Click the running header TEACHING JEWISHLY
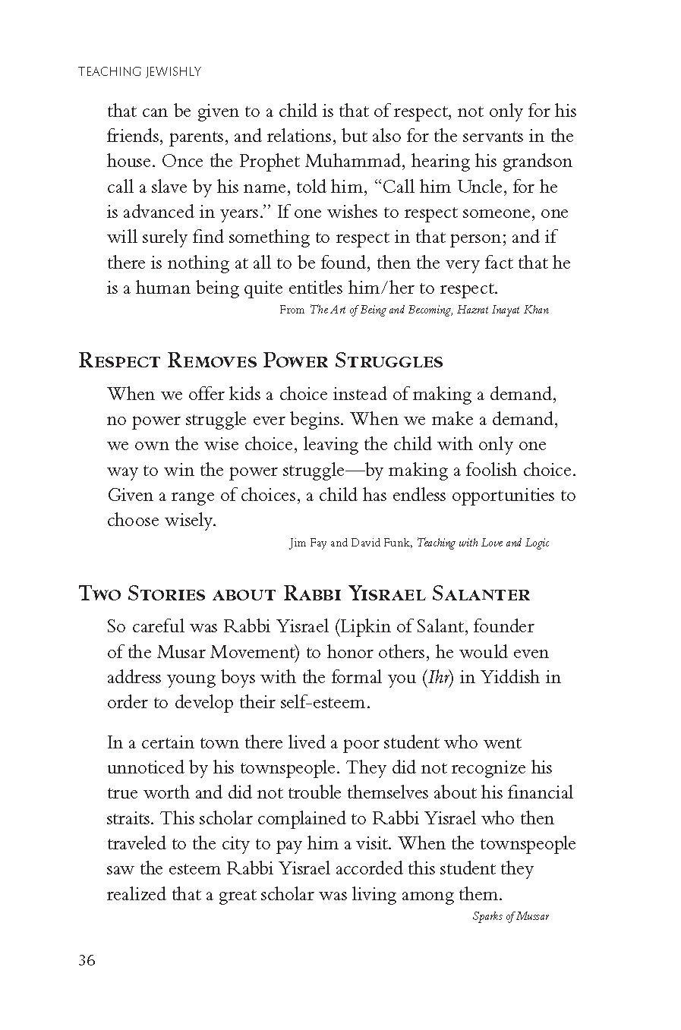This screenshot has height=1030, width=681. pos(139,72)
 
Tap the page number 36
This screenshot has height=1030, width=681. pos(87,960)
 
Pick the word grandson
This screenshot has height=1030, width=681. pos(533,162)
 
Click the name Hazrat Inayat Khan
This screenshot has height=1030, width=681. pos(502,310)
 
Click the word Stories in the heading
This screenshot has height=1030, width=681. pos(157,594)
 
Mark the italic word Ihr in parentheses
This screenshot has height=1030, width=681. pos(439,677)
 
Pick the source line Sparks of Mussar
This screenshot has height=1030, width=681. pos(510,916)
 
